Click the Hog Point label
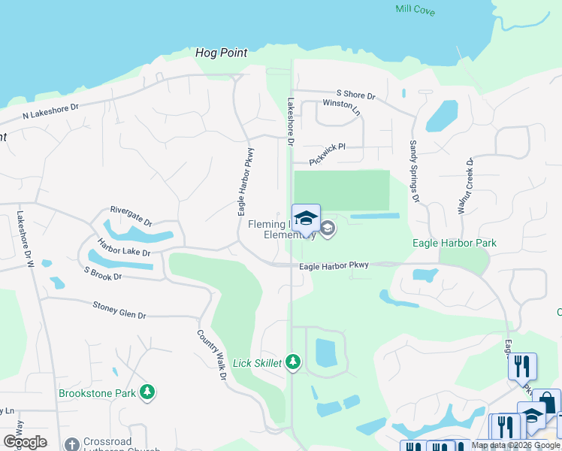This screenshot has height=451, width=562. (221, 53)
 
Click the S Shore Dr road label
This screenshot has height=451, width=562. (355, 95)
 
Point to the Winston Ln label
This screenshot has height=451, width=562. (341, 107)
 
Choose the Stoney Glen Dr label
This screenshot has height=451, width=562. (119, 310)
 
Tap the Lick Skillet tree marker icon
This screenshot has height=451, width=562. (293, 363)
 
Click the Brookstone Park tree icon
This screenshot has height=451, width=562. (149, 392)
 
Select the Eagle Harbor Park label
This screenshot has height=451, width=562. (454, 243)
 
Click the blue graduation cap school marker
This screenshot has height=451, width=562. (306, 219)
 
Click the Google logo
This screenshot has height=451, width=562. (24, 441)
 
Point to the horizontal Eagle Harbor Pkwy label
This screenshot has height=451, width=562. (334, 265)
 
